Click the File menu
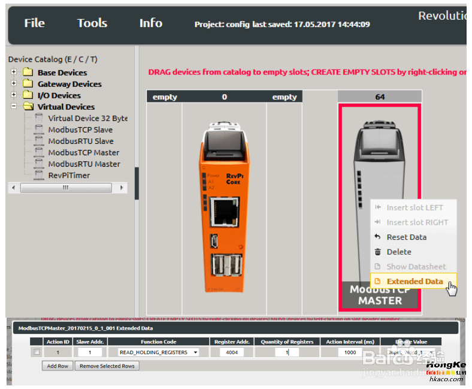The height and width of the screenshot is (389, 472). tap(34, 23)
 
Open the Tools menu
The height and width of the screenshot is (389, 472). tap(92, 23)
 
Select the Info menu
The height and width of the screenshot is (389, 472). tap(150, 23)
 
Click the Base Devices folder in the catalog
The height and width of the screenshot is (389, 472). tap(62, 73)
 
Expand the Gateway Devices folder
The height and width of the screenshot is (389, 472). tap(14, 84)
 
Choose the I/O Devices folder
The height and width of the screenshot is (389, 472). tap(59, 95)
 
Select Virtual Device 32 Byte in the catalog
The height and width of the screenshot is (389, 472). tap(87, 118)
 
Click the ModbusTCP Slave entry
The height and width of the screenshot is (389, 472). tap(80, 129)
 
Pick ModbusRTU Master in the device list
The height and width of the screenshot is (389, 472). tap(84, 164)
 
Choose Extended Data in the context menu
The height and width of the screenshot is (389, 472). tap(414, 281)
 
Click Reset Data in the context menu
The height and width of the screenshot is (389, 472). tap(406, 237)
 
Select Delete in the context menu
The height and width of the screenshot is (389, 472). tap(398, 252)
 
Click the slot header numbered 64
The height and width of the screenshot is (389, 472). tap(380, 97)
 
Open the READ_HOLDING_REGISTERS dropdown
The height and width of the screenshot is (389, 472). tap(159, 352)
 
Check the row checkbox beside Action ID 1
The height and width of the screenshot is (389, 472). tap(37, 352)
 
